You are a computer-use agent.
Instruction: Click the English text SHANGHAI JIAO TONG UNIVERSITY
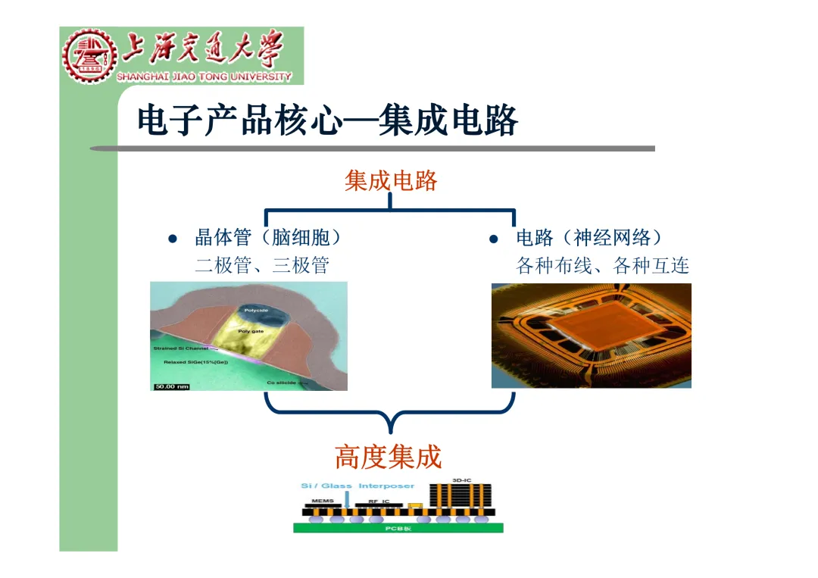point(204,77)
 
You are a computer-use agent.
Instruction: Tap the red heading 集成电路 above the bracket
point(391,180)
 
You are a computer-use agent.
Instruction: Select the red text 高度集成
point(388,457)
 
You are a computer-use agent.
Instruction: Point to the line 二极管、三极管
point(262,265)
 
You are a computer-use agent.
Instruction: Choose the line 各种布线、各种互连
point(602,265)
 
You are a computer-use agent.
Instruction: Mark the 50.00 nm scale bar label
point(172,386)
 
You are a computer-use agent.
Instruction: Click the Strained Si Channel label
point(181,348)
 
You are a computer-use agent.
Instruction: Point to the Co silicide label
point(281,383)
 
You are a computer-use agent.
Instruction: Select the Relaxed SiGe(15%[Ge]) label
point(195,362)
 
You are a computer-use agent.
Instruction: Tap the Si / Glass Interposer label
point(357,486)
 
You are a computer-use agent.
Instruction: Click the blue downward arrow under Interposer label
point(347,498)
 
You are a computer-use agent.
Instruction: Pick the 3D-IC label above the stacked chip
point(461,480)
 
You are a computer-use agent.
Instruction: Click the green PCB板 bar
point(398,528)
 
